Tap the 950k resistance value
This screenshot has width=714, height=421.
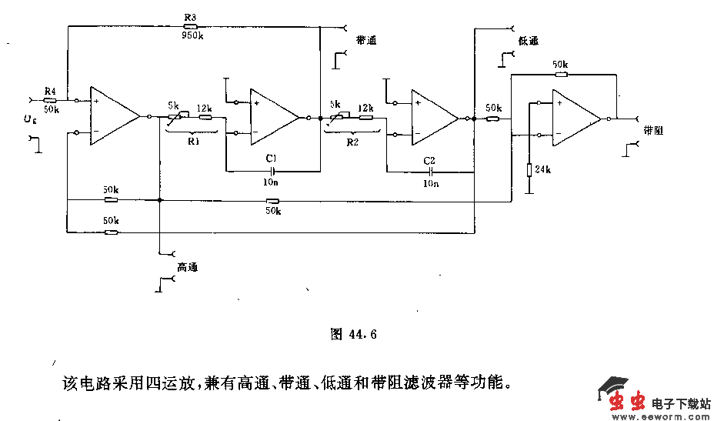click(192, 35)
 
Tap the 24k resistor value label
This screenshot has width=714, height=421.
click(543, 169)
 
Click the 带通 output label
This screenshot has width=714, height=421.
click(367, 40)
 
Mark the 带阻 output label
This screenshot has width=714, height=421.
click(654, 130)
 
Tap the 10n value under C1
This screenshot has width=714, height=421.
click(271, 182)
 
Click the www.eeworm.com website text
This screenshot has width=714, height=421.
click(659, 416)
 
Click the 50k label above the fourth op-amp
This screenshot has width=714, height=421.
click(560, 64)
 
